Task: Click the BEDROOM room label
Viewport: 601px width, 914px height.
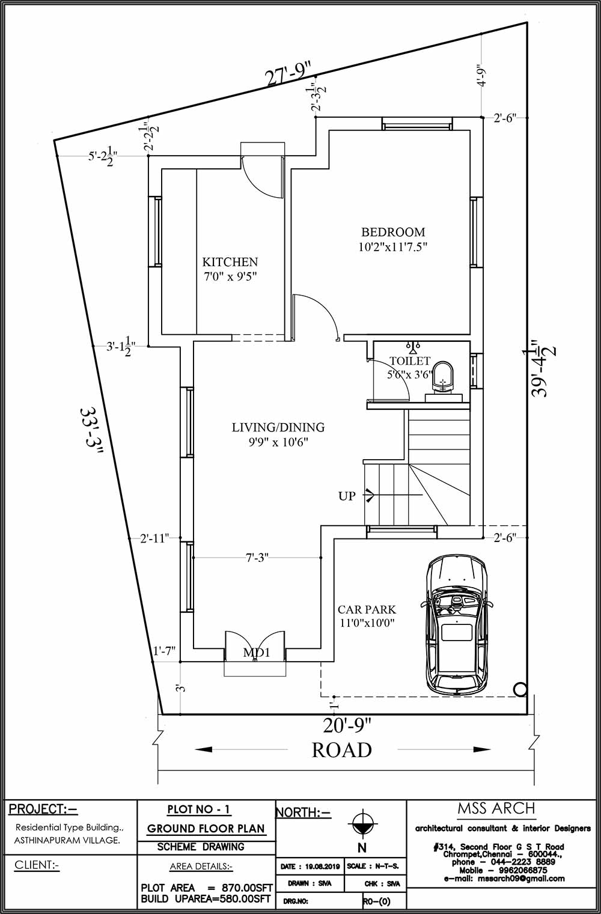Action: point(393,232)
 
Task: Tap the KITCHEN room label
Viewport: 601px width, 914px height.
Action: point(230,262)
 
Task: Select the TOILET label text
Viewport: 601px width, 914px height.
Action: point(410,361)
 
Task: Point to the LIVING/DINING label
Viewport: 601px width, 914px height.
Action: point(278,427)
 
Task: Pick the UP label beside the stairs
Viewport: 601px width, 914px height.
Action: point(347,496)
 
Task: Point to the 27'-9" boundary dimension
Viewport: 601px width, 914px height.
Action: point(290,76)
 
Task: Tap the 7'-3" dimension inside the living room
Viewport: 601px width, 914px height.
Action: point(257,558)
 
